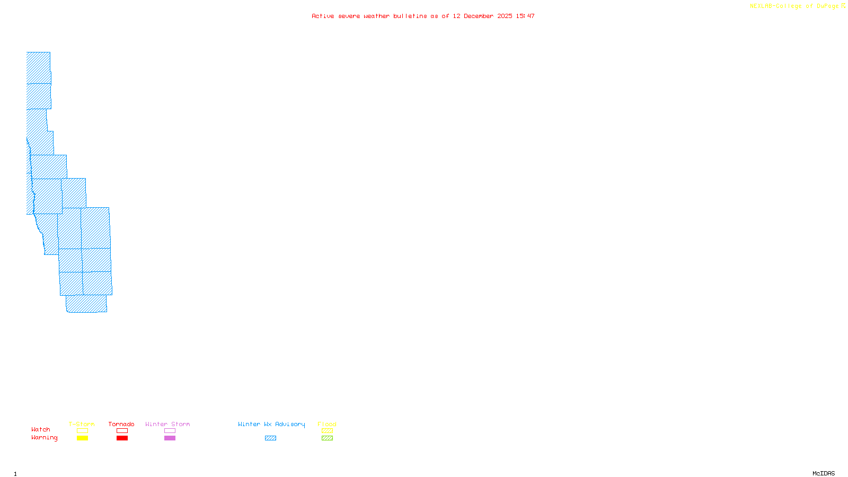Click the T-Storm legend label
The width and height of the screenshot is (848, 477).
pyautogui.click(x=82, y=424)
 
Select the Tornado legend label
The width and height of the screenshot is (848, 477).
pyautogui.click(x=121, y=424)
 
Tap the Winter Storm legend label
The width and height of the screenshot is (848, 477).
pyautogui.click(x=167, y=424)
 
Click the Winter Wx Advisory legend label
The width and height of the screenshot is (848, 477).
pyautogui.click(x=271, y=424)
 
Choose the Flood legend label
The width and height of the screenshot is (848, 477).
pyautogui.click(x=327, y=424)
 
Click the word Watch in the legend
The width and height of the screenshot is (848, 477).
pyautogui.click(x=41, y=430)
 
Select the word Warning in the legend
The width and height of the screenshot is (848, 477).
pyautogui.click(x=45, y=438)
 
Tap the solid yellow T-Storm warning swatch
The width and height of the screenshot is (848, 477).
pyautogui.click(x=82, y=438)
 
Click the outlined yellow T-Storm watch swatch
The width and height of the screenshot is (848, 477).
pyautogui.click(x=82, y=431)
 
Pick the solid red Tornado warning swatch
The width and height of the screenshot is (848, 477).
pyautogui.click(x=122, y=438)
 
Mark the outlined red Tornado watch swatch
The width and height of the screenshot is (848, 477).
pyautogui.click(x=122, y=431)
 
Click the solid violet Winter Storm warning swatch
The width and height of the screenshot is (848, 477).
pyautogui.click(x=170, y=438)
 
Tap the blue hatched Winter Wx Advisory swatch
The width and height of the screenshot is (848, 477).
pyautogui.click(x=270, y=438)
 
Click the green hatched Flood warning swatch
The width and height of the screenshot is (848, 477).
pyautogui.click(x=327, y=438)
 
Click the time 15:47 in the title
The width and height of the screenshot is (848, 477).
pyautogui.click(x=525, y=16)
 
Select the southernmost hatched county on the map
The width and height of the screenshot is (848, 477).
pyautogui.click(x=86, y=304)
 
